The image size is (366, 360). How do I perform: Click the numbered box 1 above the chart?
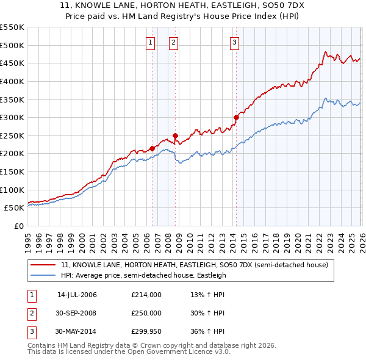pos(150,42)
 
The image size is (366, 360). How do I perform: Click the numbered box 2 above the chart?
pos(174,42)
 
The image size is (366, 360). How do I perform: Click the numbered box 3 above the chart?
pos(234,42)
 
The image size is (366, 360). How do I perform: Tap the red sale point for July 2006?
pos(151,148)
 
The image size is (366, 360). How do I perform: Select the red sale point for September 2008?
pos(175,135)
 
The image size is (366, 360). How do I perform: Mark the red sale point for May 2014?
pos(236,117)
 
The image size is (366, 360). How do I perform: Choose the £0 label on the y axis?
pos(18,226)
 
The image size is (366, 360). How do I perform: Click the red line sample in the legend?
pos(43,265)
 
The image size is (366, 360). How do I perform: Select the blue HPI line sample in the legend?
pos(43,275)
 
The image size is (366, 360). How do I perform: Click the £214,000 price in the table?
pos(146,295)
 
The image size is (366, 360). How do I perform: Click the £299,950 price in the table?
pos(146,331)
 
